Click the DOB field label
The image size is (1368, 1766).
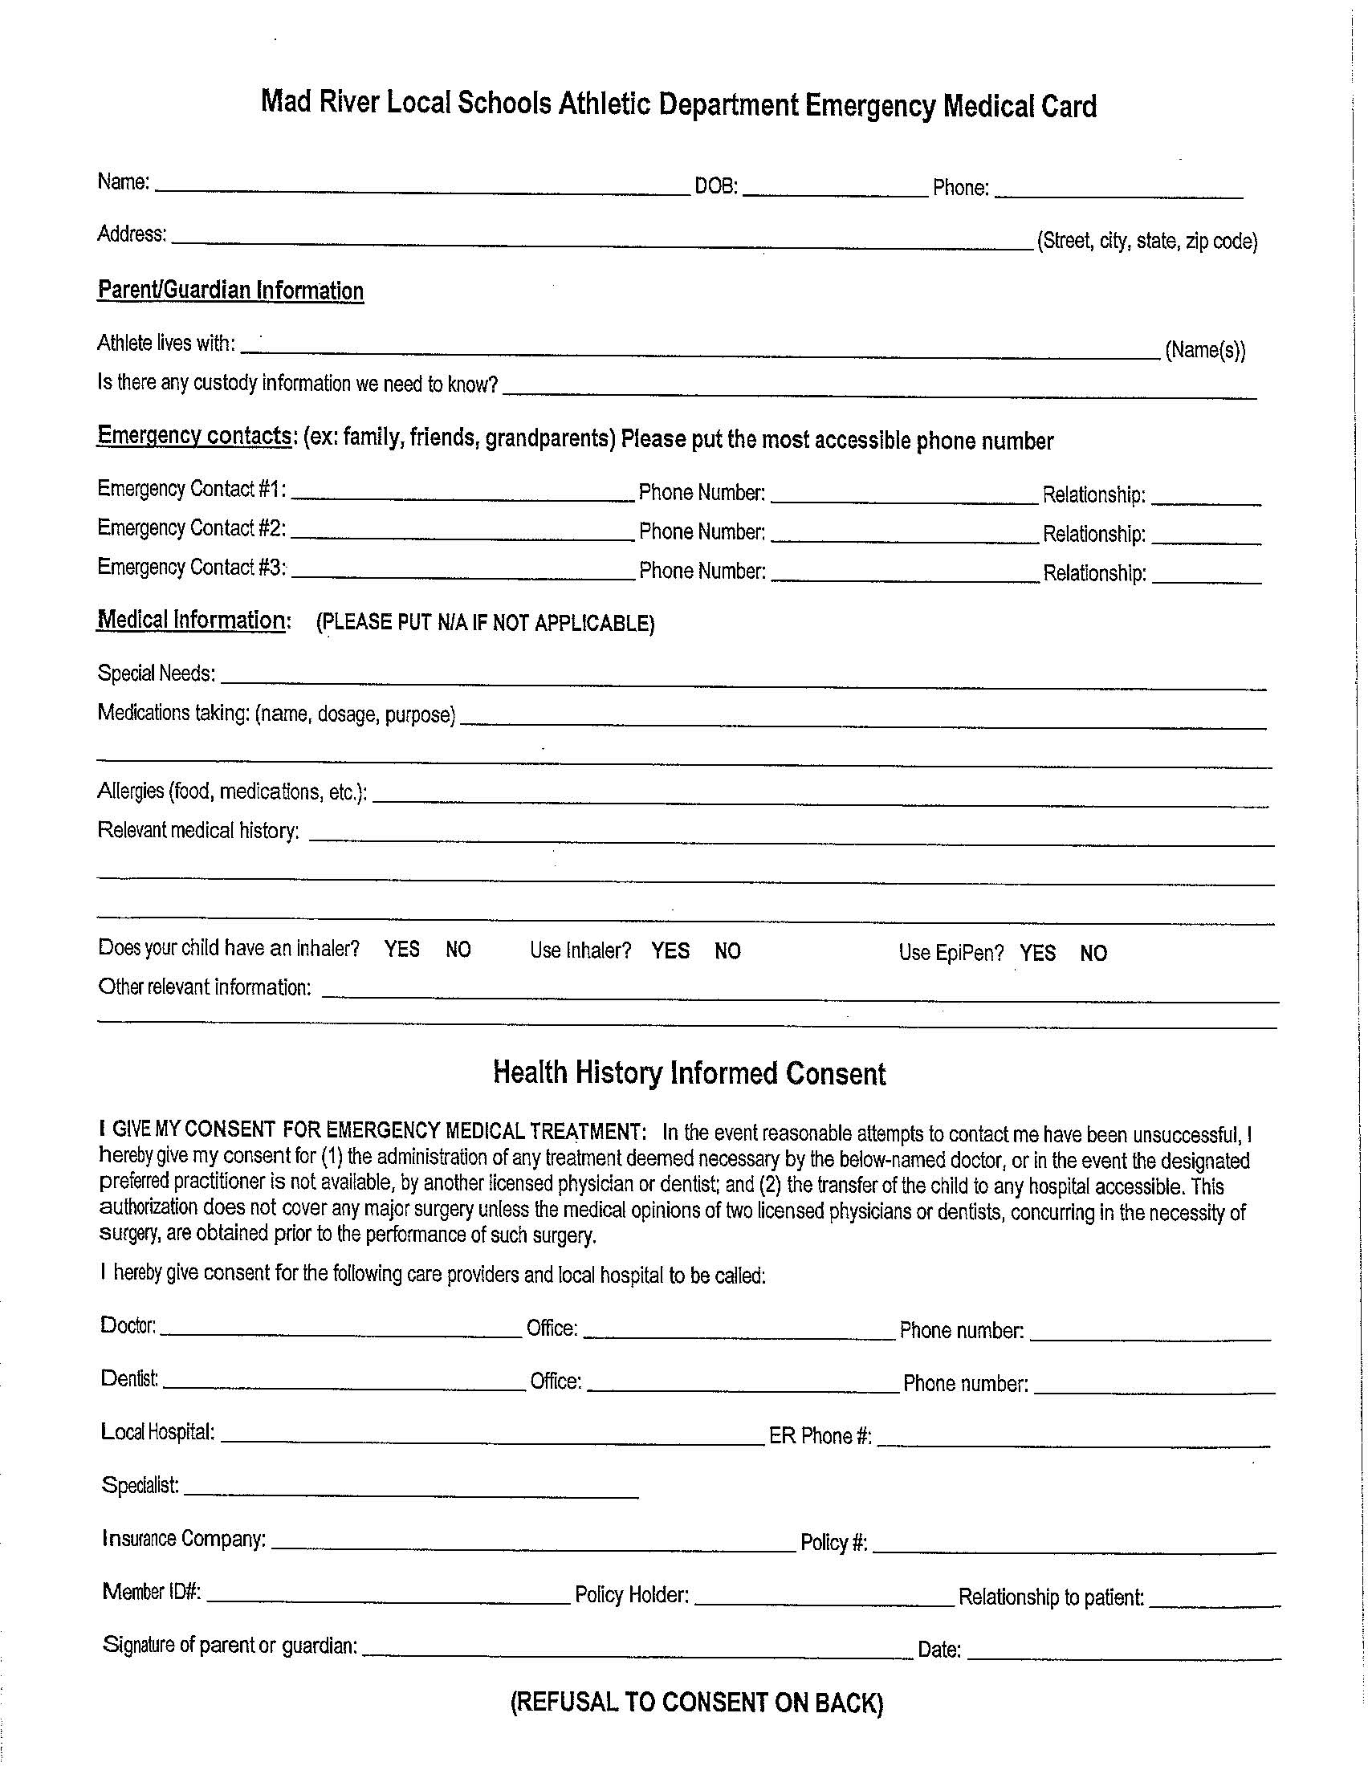[715, 187]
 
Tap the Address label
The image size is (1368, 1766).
[132, 234]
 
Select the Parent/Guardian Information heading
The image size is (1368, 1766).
[230, 291]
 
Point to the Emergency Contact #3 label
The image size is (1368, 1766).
[192, 568]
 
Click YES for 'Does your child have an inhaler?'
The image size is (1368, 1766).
[401, 950]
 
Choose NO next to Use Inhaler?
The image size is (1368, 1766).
[727, 952]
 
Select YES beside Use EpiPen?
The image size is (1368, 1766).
[1037, 954]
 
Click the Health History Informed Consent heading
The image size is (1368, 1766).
[689, 1074]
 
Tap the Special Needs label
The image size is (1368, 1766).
[156, 673]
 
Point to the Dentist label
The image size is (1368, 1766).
[129, 1378]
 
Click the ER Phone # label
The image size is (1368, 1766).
[820, 1436]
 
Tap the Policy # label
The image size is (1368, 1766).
[833, 1543]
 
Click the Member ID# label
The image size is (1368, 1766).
[151, 1592]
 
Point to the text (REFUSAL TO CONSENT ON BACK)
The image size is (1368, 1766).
[696, 1703]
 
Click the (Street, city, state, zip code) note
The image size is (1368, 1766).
[1146, 241]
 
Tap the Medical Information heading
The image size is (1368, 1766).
[193, 621]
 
